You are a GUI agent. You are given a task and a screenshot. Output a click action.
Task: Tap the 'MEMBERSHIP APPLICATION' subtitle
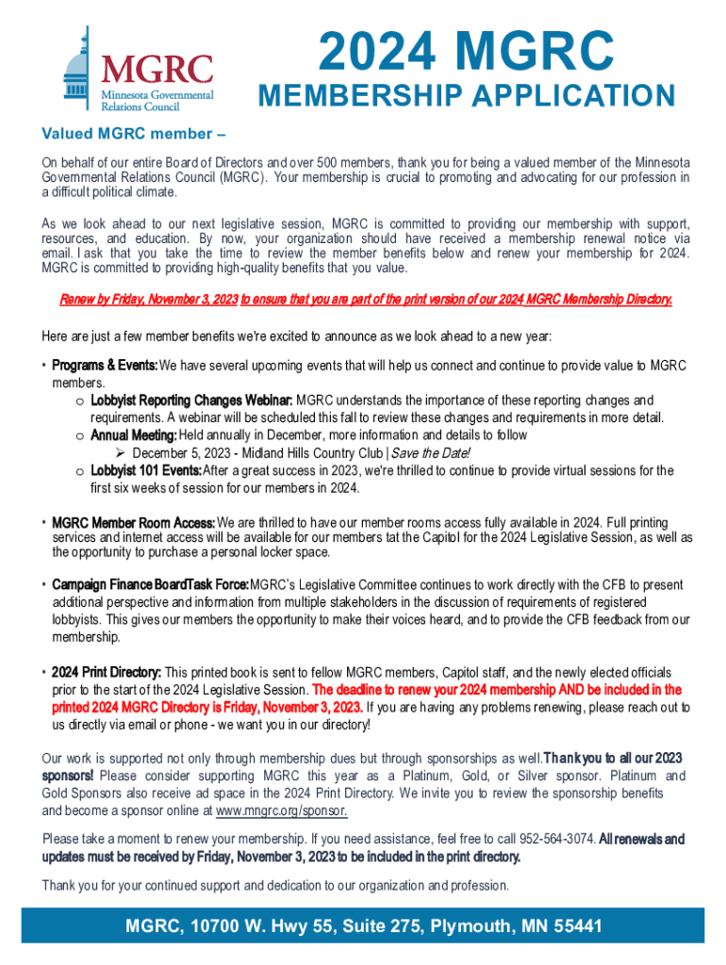click(466, 97)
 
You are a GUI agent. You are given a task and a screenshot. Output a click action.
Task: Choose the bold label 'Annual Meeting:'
click(133, 435)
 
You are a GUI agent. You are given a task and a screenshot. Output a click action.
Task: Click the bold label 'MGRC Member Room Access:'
click(133, 522)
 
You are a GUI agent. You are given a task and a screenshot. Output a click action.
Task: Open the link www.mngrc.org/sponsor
click(281, 810)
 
